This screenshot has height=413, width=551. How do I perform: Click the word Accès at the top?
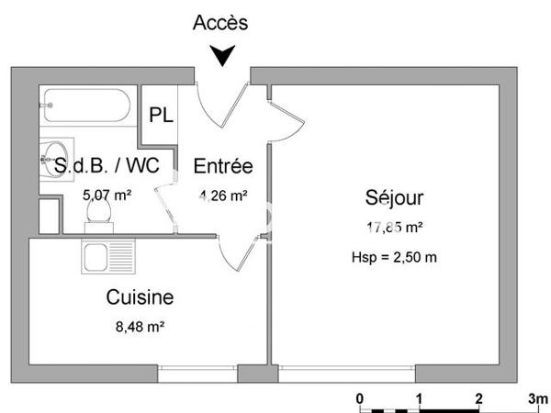(x=220, y=24)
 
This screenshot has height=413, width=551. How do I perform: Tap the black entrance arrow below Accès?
(x=220, y=58)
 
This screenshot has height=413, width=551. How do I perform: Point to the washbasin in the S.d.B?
(x=54, y=157)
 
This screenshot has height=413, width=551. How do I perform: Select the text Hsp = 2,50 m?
(x=394, y=256)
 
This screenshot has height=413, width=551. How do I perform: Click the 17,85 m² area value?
(x=394, y=228)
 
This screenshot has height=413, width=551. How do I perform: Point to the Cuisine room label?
(x=141, y=297)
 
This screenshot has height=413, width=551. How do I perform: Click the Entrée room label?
(x=222, y=167)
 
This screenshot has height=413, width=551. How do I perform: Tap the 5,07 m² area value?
(x=107, y=195)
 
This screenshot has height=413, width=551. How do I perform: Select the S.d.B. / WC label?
(x=107, y=167)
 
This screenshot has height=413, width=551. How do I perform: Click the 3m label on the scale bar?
(x=538, y=399)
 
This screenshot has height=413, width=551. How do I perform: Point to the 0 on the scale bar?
(x=361, y=399)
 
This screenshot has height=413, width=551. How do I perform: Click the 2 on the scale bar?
(x=478, y=399)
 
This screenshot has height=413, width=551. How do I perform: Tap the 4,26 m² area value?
(x=223, y=195)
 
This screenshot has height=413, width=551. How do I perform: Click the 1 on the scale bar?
(x=420, y=399)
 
